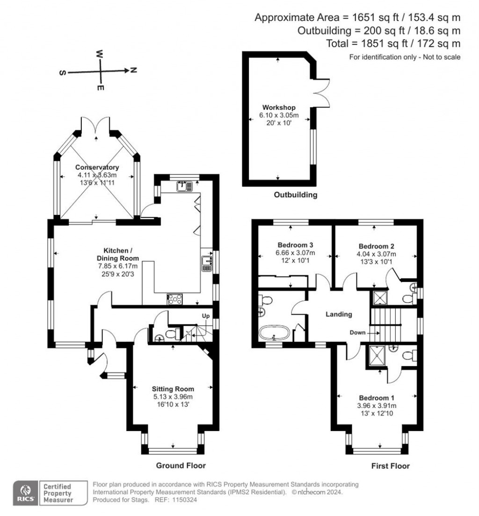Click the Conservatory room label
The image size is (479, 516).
97,167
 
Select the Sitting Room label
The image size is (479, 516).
173,388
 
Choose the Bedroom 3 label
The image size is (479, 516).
295,245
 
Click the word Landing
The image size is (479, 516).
339,315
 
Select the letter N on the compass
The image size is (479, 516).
133,71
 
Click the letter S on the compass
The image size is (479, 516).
62,73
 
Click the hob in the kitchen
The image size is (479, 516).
175,299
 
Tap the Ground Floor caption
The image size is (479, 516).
181,466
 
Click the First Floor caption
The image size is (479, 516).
390,466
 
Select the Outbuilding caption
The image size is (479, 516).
296,195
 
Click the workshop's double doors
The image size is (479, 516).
322,91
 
